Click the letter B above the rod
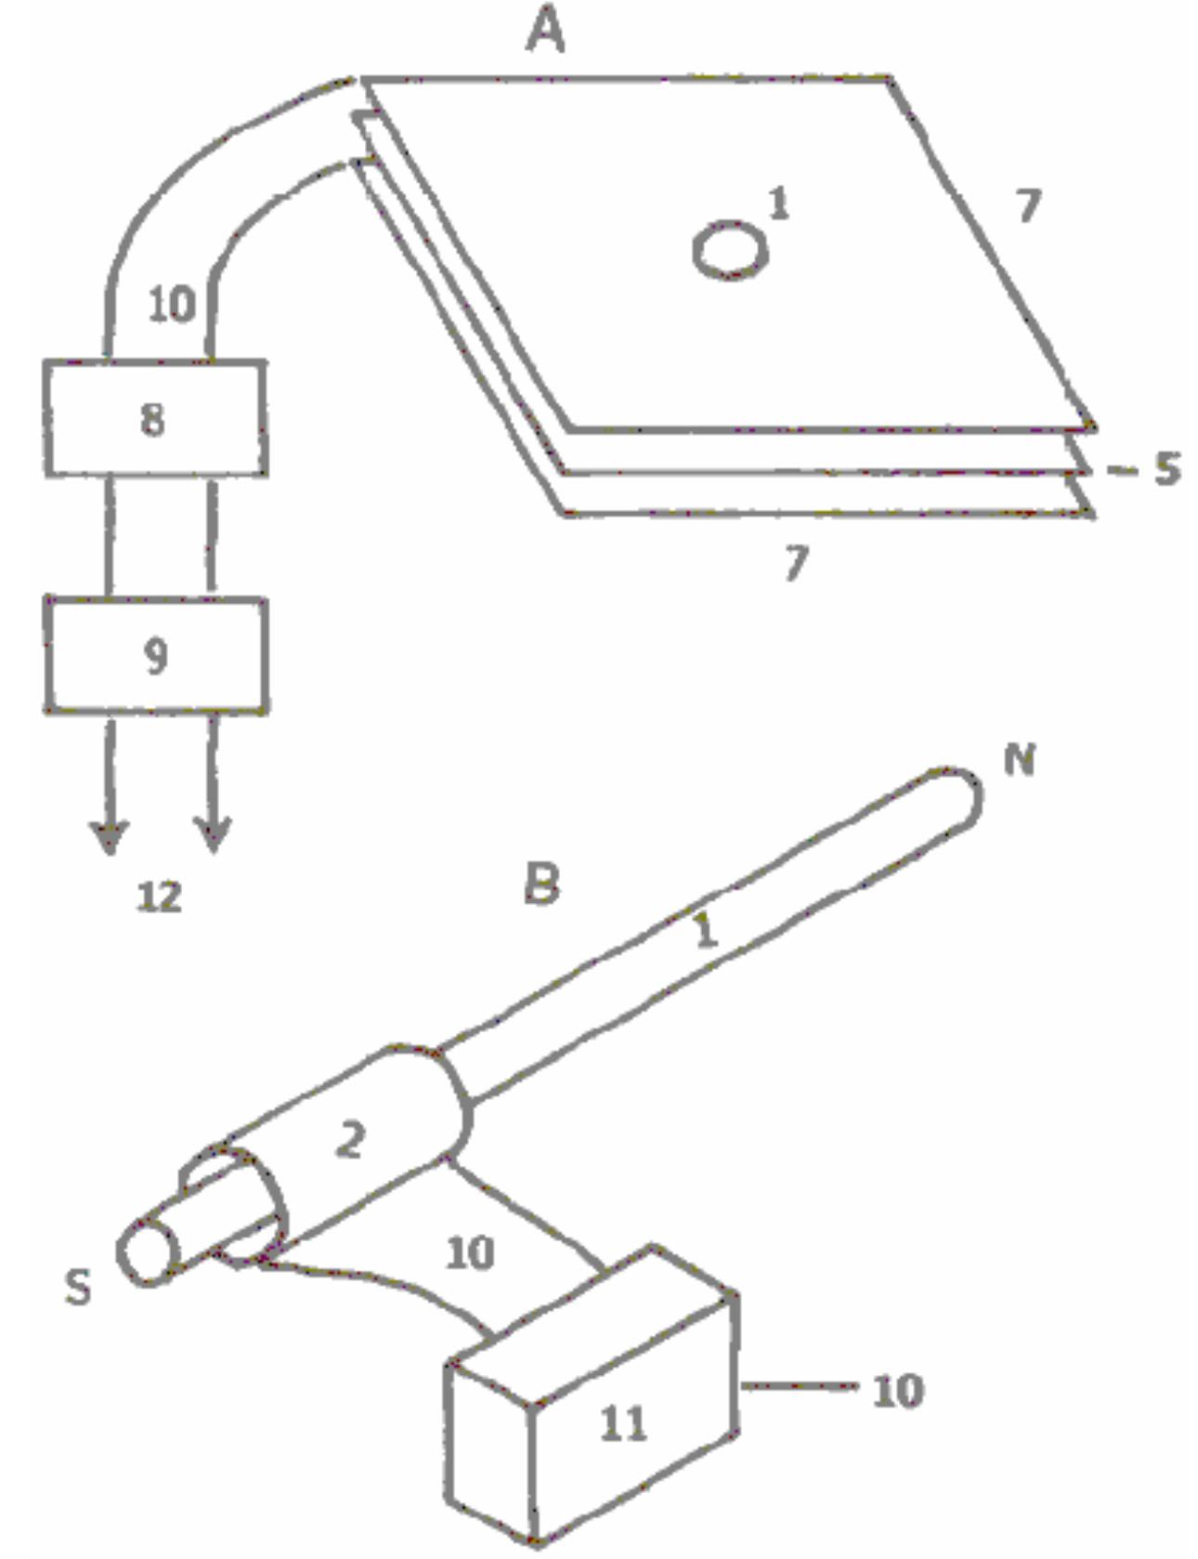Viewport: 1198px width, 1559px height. (x=542, y=883)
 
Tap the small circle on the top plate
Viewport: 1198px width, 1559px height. (x=731, y=249)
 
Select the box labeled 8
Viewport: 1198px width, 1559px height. (x=156, y=419)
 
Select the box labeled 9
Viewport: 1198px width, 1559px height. (x=156, y=655)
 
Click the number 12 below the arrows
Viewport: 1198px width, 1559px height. (x=159, y=897)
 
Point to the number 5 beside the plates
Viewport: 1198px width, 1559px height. (x=1166, y=468)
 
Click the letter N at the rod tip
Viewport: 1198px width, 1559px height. (x=1020, y=760)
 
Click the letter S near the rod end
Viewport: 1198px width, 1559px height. (x=78, y=1287)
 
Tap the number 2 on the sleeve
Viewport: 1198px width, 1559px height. (x=349, y=1139)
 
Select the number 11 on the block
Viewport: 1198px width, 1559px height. (x=622, y=1422)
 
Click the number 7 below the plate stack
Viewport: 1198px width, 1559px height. (x=796, y=562)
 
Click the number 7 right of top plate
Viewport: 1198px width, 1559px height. (x=1027, y=204)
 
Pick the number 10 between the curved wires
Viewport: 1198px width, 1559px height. (x=172, y=304)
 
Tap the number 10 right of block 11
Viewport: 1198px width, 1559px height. (x=898, y=1391)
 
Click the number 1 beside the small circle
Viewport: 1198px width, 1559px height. (x=778, y=203)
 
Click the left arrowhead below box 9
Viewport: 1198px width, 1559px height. (x=111, y=836)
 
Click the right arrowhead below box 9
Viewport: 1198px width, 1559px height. (x=214, y=834)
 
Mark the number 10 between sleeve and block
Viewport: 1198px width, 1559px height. (x=470, y=1253)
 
